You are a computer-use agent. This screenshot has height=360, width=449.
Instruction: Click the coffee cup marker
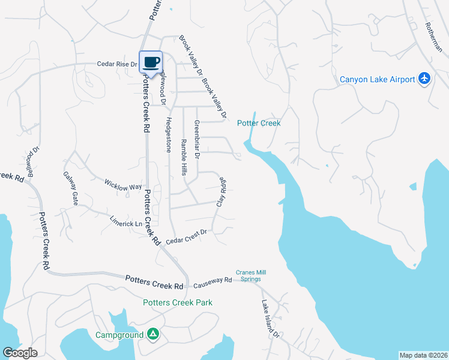pos(151,61)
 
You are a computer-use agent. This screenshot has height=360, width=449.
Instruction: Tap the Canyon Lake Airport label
pos(377,79)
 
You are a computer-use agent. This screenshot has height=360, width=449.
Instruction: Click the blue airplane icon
pos(424,78)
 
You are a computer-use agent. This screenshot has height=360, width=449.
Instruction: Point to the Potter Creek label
pos(259,123)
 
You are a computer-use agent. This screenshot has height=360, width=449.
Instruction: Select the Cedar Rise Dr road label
pos(118,64)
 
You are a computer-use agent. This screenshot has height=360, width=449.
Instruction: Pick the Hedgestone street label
pos(168,133)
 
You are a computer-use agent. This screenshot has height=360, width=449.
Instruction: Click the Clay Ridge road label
pos(221,191)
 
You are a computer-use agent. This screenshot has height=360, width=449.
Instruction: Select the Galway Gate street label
pos(71,188)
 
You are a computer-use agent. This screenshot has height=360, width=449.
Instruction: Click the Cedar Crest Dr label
pos(186,236)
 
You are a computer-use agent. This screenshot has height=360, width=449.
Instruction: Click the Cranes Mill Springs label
pos(251,275)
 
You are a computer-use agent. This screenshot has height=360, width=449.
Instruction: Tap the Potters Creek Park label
pos(177,302)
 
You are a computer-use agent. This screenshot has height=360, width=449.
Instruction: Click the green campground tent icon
pos(153,334)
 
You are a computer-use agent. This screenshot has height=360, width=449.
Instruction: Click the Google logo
pos(20,353)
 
